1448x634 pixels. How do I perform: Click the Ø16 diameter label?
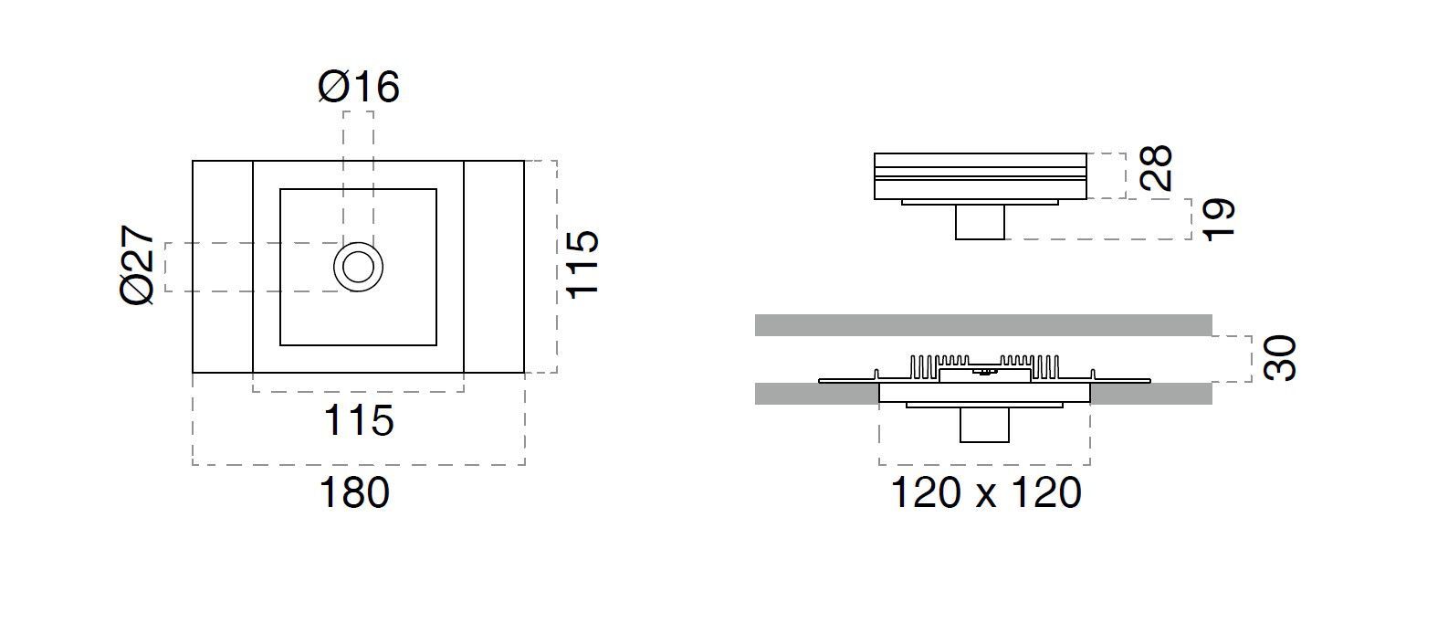pyautogui.click(x=359, y=88)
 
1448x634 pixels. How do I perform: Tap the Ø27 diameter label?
pyautogui.click(x=139, y=266)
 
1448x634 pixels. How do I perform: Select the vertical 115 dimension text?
pyautogui.click(x=582, y=263)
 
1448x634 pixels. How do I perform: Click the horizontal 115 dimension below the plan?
pyautogui.click(x=358, y=420)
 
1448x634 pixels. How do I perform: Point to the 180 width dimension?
pyautogui.click(x=354, y=493)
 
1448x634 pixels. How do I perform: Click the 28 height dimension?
pyautogui.click(x=1157, y=167)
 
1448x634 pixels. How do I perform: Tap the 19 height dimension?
pyautogui.click(x=1219, y=219)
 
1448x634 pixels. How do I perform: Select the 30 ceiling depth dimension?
pyautogui.click(x=1280, y=358)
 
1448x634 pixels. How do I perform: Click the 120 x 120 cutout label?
pyautogui.click(x=985, y=493)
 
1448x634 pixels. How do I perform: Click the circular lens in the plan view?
pyautogui.click(x=358, y=267)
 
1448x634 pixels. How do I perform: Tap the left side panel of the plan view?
pyautogui.click(x=222, y=267)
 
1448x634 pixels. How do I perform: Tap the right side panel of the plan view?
pyautogui.click(x=494, y=267)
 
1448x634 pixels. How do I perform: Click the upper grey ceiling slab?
pyautogui.click(x=983, y=325)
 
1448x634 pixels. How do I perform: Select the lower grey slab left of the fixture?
pyautogui.click(x=815, y=394)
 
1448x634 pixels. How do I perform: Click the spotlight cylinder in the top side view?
pyautogui.click(x=981, y=222)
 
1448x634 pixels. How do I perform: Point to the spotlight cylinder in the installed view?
pyautogui.click(x=984, y=426)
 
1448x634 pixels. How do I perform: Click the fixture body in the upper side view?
pyautogui.click(x=981, y=175)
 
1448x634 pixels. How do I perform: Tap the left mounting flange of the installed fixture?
pyautogui.click(x=845, y=380)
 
